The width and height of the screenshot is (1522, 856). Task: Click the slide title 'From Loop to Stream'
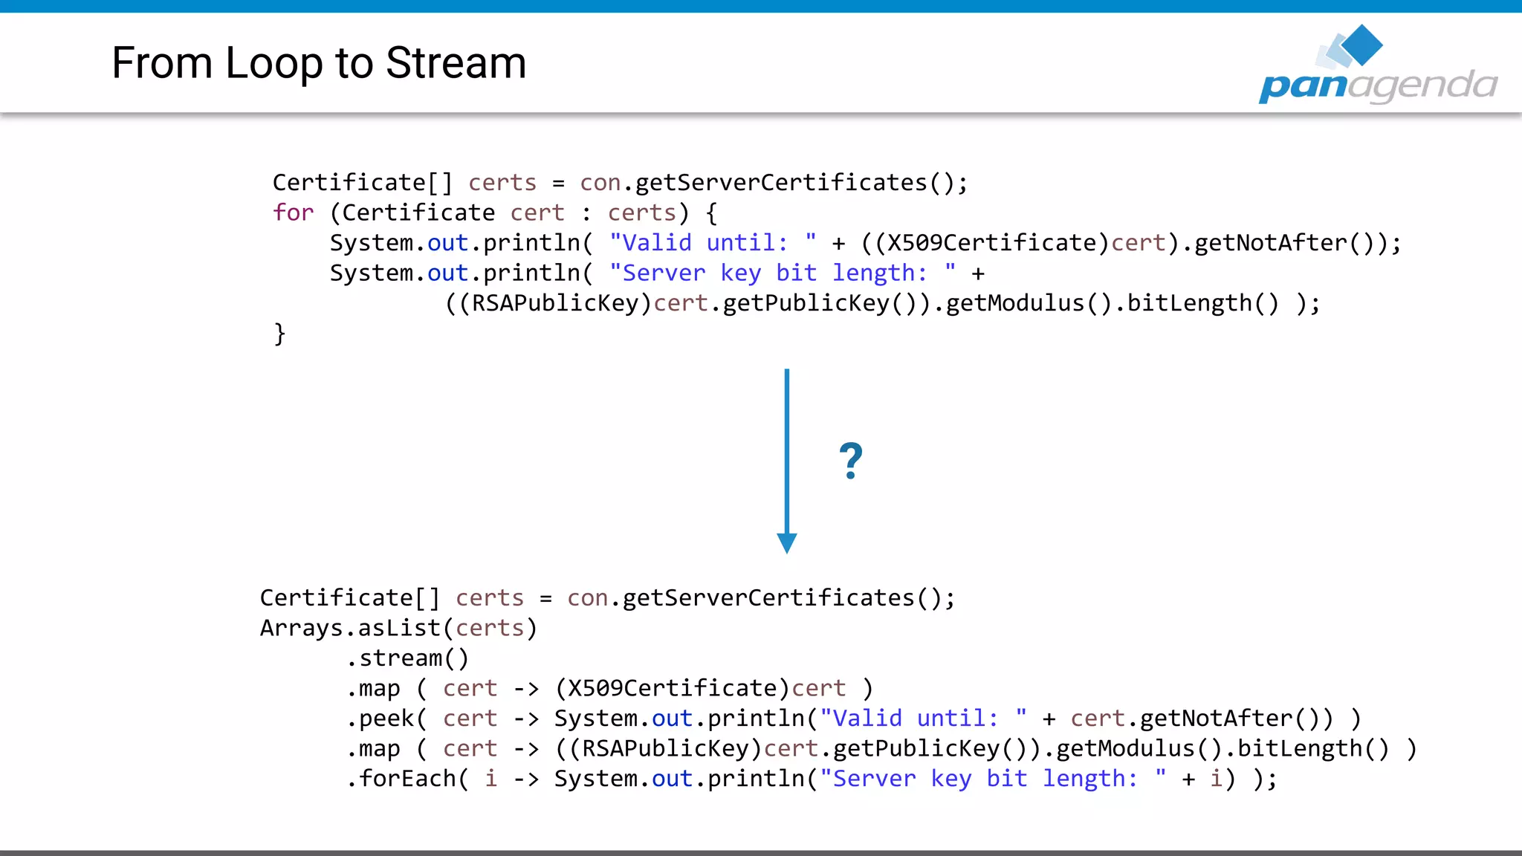point(319,63)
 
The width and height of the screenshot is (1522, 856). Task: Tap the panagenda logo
point(1377,67)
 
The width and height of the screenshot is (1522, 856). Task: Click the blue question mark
point(851,461)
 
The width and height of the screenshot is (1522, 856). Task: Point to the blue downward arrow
point(787,461)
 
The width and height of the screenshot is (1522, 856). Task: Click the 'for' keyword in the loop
point(293,213)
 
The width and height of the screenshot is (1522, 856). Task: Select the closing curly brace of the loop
point(279,334)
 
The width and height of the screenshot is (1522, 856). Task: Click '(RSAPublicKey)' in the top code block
point(556,303)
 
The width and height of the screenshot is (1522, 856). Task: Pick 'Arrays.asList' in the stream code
point(350,629)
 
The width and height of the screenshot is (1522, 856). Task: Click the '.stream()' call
point(407,658)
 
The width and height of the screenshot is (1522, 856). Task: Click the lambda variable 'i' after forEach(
point(490,779)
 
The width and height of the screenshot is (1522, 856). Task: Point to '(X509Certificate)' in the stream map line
point(673,689)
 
